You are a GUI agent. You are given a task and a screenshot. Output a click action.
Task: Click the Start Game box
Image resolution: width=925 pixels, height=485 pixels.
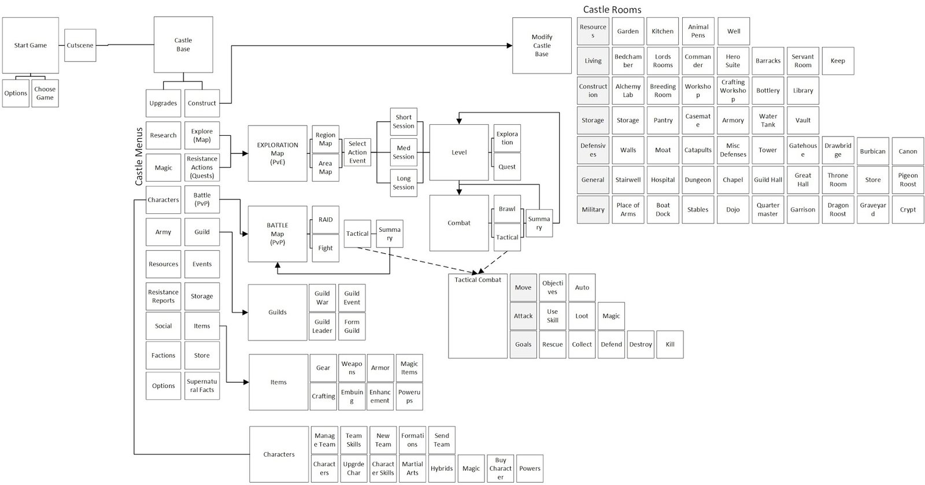[30, 45]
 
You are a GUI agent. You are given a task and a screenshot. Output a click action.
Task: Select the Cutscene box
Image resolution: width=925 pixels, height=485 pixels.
[80, 45]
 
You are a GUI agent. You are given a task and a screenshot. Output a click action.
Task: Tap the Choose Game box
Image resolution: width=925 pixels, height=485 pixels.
[45, 93]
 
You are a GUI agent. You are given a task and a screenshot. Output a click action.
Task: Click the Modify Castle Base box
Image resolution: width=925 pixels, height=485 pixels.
[542, 45]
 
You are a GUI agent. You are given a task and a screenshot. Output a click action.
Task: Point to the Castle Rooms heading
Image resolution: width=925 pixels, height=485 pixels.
[612, 9]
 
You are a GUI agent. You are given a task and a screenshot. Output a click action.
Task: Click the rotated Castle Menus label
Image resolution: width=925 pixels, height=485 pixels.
[139, 157]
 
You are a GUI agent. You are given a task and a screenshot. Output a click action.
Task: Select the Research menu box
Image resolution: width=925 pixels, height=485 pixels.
[163, 135]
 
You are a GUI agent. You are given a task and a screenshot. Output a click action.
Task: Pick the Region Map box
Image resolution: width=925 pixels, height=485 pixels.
[325, 139]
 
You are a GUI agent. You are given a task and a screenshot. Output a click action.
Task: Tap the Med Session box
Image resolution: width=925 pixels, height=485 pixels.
[403, 152]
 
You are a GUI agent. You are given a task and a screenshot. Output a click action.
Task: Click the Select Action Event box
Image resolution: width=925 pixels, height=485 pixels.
[357, 152]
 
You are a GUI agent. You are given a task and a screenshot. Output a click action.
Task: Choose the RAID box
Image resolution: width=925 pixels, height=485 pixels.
[325, 220]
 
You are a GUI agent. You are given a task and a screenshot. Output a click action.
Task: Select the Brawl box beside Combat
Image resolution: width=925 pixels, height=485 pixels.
[507, 209]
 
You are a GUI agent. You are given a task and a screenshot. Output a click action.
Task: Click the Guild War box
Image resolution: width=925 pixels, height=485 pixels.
[322, 298]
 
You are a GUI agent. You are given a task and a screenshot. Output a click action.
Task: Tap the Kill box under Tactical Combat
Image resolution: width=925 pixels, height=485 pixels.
[669, 344]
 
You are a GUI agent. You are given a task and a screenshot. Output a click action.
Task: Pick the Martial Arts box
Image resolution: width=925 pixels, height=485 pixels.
[412, 468]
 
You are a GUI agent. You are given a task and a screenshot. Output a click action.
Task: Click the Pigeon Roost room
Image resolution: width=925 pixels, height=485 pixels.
[908, 180]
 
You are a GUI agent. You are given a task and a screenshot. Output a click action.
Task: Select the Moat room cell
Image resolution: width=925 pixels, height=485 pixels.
[663, 150]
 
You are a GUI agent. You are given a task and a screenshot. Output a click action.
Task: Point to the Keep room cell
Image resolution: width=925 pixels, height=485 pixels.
[837, 61]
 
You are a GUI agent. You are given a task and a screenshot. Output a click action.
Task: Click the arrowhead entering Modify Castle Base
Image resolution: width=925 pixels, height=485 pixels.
[509, 46]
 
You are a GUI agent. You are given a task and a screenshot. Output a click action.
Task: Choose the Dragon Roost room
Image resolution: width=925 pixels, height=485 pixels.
[838, 209]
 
